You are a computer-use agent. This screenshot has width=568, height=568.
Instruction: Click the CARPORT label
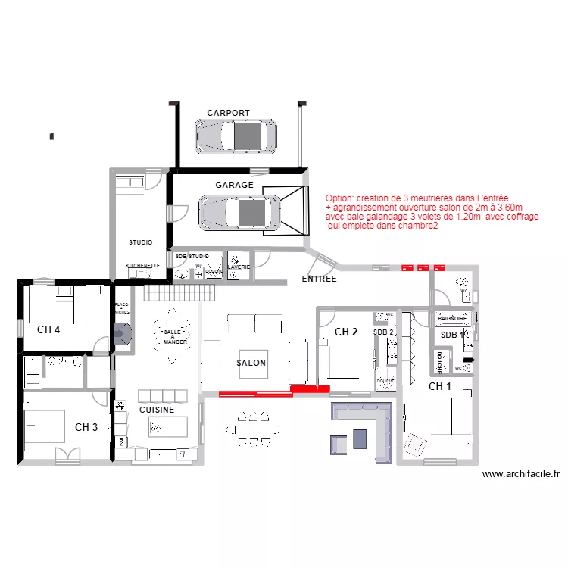[x=228, y=113]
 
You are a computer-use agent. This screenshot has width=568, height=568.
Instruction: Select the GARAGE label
[x=234, y=185]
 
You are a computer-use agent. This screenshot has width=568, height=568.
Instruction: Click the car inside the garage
[x=239, y=212]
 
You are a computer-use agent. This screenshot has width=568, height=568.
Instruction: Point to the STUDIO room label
[x=140, y=242]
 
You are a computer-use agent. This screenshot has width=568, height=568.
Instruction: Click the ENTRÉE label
[x=319, y=279]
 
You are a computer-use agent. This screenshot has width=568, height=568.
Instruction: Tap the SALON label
[x=251, y=363]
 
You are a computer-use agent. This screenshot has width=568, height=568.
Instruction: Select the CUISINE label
[x=157, y=410]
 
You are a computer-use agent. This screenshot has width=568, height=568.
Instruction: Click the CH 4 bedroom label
[x=48, y=329]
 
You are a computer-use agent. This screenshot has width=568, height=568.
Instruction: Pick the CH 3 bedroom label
[x=86, y=427]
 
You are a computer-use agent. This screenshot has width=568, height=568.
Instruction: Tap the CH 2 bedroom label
[x=346, y=332]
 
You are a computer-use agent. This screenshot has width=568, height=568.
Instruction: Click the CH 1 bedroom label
[x=440, y=386]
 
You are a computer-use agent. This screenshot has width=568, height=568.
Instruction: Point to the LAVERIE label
[x=238, y=267]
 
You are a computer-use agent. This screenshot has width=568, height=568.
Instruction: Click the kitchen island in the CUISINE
[x=167, y=426]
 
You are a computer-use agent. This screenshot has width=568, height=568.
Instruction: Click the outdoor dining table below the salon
[x=252, y=429]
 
